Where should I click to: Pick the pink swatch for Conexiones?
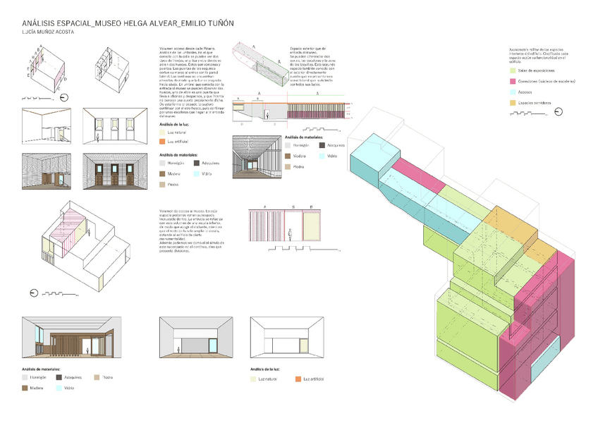[x=513, y=82]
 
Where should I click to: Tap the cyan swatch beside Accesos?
[x=513, y=92]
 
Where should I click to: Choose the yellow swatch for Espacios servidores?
[x=513, y=103]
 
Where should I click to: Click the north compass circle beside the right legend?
[x=559, y=111]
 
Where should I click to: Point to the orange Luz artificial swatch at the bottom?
[x=298, y=379]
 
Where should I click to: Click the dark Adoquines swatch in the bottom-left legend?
[x=59, y=377]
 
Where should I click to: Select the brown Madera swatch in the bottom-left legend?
[x=26, y=388]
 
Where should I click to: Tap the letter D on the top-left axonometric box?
[x=66, y=80]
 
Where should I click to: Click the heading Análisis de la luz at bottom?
[x=267, y=369]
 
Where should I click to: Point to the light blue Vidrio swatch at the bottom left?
[x=59, y=388]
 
